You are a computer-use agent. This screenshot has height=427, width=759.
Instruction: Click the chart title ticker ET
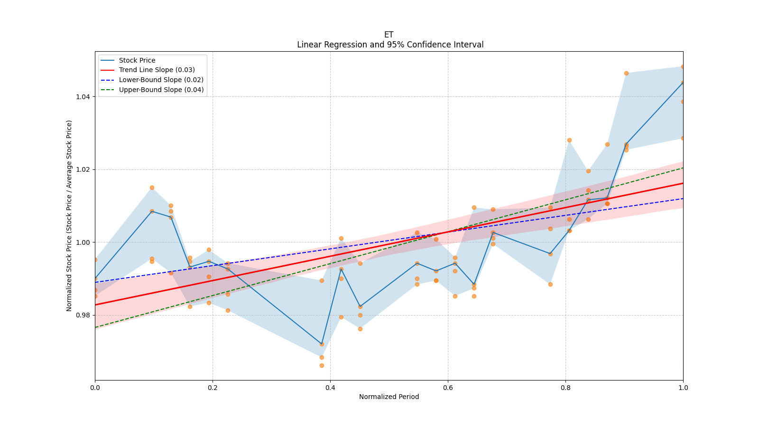coord(389,35)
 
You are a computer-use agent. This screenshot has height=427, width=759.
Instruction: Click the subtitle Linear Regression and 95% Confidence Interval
coord(390,45)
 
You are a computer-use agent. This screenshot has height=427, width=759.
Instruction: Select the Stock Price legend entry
coord(137,60)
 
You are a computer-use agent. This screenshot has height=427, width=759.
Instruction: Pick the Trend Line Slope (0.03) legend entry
coord(157,70)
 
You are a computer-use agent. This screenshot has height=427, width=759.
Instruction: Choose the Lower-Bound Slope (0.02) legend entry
coord(161,80)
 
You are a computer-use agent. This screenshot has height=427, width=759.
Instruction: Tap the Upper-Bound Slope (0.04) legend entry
coord(161,90)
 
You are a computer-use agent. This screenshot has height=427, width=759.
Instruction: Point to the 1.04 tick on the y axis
coord(83,97)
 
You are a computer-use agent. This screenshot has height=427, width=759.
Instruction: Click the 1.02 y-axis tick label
coord(83,169)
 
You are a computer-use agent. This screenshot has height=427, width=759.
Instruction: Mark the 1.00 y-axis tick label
coord(83,242)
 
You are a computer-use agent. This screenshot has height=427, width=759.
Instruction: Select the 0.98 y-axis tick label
coord(83,315)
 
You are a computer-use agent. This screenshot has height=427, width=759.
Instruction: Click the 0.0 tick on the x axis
coord(95,388)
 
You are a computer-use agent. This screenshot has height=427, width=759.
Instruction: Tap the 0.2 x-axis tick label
coord(213,388)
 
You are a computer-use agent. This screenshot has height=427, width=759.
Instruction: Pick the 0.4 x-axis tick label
coord(330,388)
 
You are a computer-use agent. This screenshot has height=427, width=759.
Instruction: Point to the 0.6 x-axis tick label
coord(448,388)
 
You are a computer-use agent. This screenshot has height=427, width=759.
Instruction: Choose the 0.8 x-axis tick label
coord(565,388)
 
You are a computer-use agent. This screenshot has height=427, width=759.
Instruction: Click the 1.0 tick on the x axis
coord(683,388)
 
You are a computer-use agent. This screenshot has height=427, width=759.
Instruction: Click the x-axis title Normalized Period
coord(389,397)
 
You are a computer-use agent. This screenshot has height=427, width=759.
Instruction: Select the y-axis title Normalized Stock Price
coord(69,216)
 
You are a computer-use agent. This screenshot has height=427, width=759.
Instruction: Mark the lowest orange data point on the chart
coord(322,365)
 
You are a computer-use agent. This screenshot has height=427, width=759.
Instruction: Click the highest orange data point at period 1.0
coord(683,66)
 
